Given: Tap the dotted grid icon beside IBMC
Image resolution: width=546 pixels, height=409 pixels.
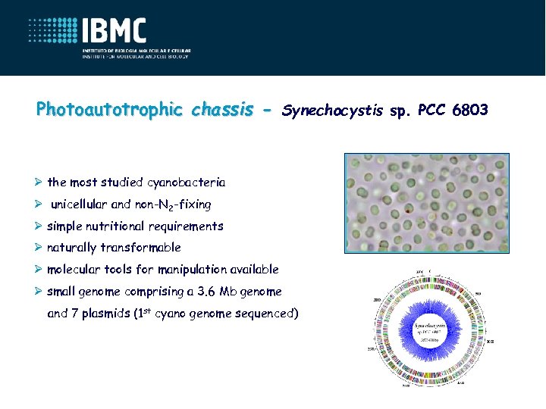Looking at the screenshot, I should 53,34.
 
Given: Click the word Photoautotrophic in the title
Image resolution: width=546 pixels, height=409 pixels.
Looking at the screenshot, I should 109,110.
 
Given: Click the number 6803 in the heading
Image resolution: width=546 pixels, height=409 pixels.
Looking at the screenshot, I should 470,111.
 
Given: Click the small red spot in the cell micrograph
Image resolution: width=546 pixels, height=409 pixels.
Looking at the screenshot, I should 409,207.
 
